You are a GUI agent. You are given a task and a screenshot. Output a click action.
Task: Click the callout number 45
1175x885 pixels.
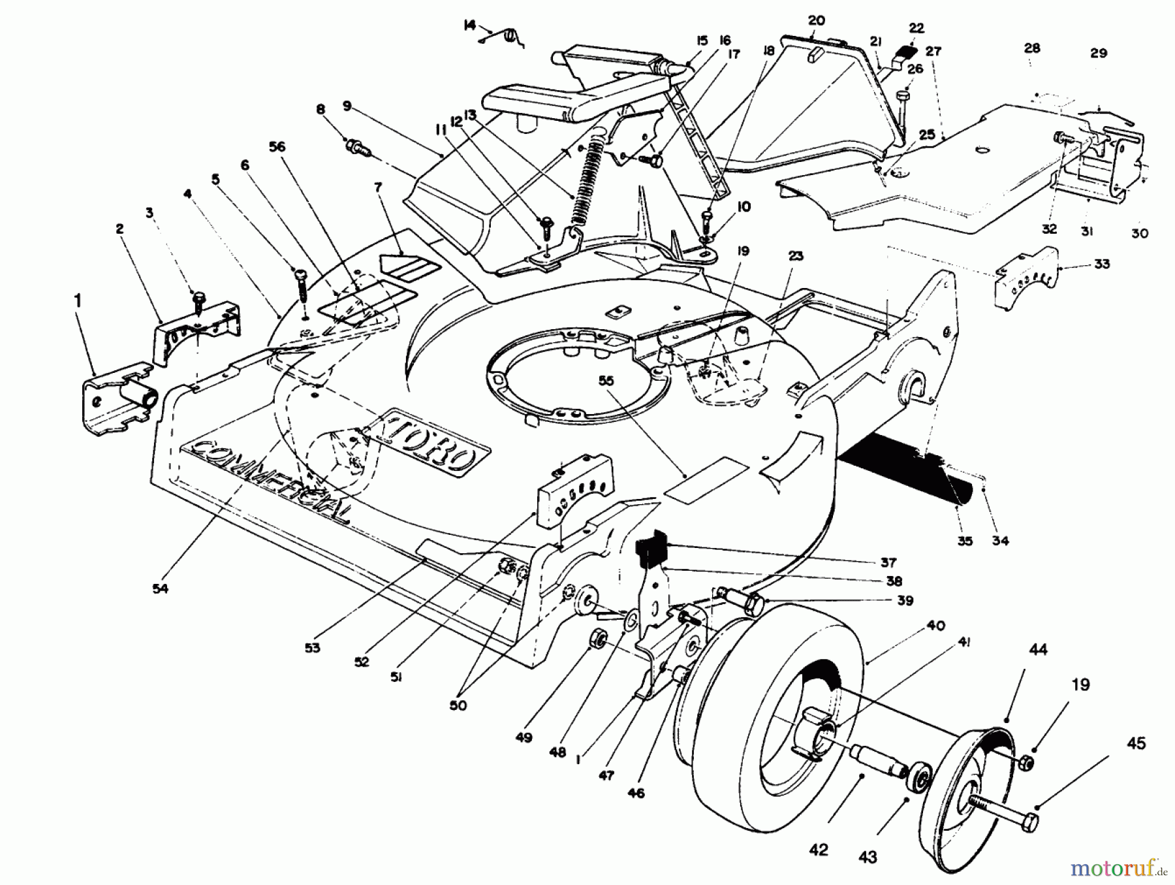click(1136, 744)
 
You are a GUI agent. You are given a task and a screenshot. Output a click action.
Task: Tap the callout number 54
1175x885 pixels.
click(160, 588)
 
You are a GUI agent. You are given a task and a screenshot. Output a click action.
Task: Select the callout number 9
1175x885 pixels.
click(347, 105)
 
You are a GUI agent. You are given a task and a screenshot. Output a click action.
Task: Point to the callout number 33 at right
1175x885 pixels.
click(1101, 264)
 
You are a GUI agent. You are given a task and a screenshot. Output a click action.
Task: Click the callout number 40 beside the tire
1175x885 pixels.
click(935, 626)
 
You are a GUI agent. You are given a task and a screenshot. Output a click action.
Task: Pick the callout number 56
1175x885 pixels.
click(277, 148)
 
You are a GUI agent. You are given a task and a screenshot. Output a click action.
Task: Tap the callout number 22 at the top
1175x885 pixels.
click(916, 28)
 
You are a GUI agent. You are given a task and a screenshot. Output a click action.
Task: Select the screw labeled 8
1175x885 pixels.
click(356, 146)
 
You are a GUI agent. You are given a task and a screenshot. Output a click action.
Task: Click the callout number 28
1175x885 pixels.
click(1032, 48)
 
